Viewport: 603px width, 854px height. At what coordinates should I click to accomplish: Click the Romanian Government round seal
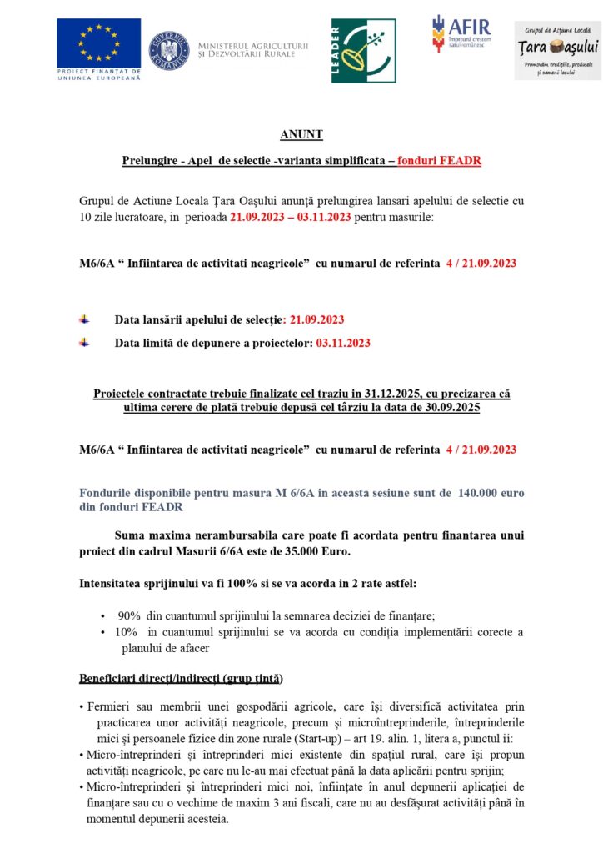tap(169, 50)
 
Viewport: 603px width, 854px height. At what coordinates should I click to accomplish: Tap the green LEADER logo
tap(363, 51)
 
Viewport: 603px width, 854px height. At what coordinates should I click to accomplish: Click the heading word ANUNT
tap(301, 134)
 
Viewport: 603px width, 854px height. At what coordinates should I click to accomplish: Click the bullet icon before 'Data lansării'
tap(84, 319)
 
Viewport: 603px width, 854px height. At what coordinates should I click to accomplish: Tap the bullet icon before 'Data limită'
tap(84, 341)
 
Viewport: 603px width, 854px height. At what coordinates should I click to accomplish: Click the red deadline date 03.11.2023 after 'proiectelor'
tap(343, 342)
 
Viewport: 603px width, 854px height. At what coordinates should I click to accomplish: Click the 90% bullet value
tap(129, 615)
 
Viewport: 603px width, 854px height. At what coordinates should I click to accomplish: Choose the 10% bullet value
tap(128, 632)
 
